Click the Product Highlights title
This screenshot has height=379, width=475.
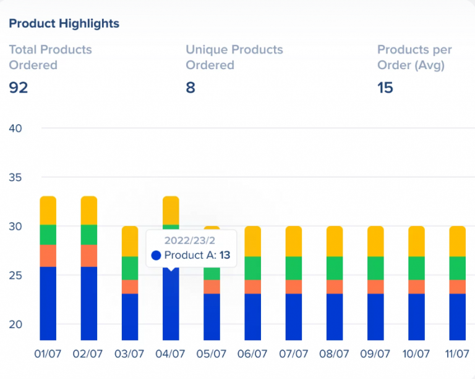(x=64, y=23)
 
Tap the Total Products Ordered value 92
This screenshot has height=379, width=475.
(x=19, y=88)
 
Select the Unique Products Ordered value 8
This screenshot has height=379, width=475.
(x=190, y=88)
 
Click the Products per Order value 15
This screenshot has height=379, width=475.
(x=385, y=88)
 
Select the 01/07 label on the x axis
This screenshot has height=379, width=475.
(x=48, y=354)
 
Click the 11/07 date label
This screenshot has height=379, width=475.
(x=457, y=354)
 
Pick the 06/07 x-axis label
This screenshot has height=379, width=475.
(x=252, y=354)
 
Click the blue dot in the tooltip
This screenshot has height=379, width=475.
(x=156, y=255)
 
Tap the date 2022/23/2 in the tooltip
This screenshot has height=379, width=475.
(x=191, y=240)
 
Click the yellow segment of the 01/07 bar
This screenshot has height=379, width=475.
(x=48, y=210)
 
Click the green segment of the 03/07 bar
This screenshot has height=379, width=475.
(x=130, y=268)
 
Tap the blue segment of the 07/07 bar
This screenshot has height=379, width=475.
(x=293, y=317)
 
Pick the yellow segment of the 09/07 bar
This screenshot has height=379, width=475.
(x=375, y=241)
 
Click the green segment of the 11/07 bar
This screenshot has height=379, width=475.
(x=457, y=268)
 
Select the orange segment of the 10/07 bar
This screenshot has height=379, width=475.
(x=416, y=286)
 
